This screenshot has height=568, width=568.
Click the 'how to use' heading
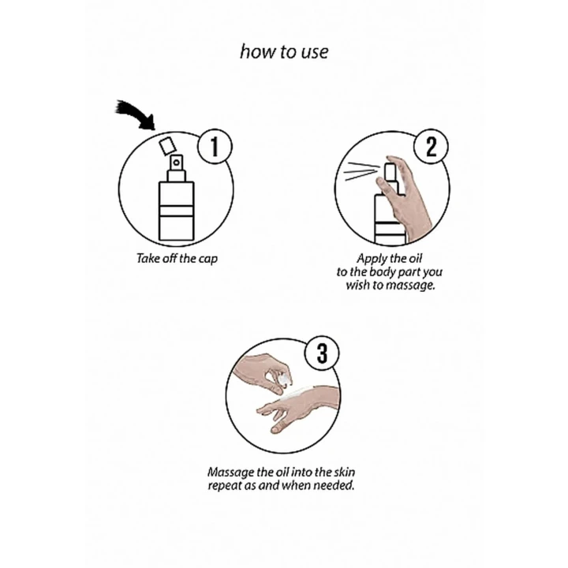284,51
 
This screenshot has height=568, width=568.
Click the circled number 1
215,147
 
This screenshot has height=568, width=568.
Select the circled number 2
431,147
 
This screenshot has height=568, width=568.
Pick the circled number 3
322,353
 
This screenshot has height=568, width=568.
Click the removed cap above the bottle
168,146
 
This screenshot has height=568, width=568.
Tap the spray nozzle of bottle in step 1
176,163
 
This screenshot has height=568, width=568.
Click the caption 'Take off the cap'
177,259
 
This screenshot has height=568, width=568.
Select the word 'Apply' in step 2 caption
369,260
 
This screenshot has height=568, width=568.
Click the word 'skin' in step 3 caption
344,472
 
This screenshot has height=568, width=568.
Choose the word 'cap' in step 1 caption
208,260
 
